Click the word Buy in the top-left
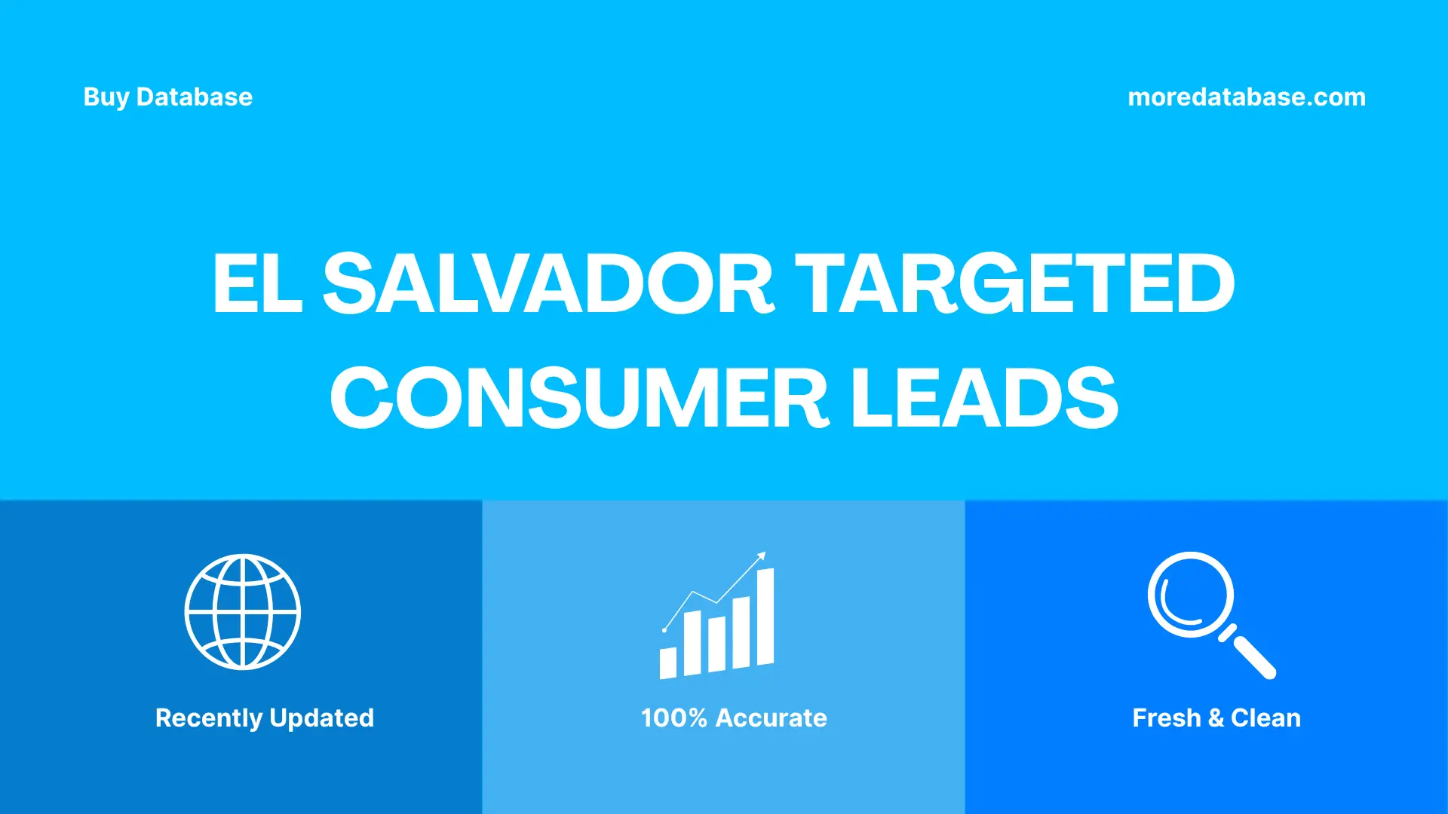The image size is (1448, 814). point(106,97)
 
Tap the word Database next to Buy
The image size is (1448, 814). point(195,97)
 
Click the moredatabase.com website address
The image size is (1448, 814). point(1246,97)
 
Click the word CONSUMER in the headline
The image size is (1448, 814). point(579,398)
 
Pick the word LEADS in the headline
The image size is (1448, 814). point(984,398)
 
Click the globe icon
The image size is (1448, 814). point(242,612)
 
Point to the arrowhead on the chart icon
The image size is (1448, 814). point(762,556)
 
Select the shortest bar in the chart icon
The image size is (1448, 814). point(667,663)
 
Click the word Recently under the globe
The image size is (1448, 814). point(208,718)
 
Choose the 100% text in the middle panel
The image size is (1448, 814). point(673,718)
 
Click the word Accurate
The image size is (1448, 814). point(771,718)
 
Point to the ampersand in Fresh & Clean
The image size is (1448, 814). point(1215,718)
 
